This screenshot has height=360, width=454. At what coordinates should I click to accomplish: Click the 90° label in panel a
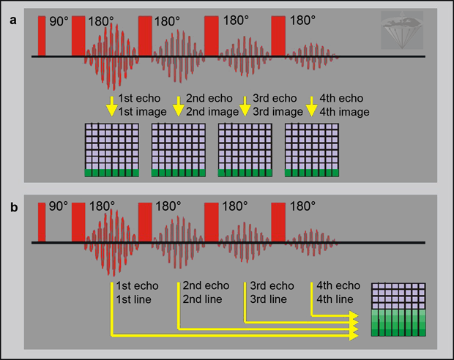click(59, 21)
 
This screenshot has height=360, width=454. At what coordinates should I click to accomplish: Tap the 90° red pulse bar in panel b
click(42, 221)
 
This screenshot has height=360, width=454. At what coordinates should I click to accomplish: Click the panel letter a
click(12, 20)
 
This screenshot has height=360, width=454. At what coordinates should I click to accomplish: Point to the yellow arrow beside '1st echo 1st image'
click(111, 107)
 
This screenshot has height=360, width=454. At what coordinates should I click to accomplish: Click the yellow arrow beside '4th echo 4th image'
click(311, 107)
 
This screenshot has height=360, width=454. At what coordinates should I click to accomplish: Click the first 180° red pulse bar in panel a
click(78, 36)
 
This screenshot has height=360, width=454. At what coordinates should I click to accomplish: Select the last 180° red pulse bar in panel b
click(278, 222)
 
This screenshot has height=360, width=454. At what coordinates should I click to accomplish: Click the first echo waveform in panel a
click(110, 56)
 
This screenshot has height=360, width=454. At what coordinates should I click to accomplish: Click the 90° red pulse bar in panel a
click(42, 35)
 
